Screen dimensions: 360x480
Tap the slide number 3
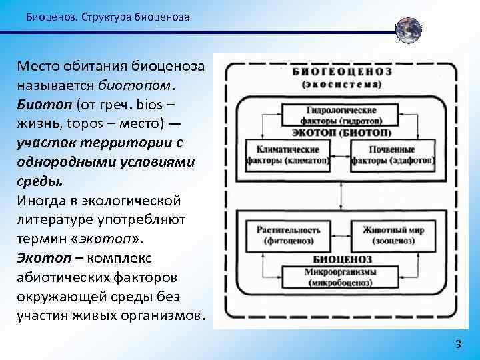point(457,344)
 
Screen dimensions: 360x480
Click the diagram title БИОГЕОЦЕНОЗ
point(341,71)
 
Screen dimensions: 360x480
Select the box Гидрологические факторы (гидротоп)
point(341,114)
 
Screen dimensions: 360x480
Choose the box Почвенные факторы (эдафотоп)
point(393,155)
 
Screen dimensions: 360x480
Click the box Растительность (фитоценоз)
point(289,234)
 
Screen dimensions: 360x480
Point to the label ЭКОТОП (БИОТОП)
point(341,132)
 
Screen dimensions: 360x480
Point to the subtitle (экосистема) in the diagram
point(341,84)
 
